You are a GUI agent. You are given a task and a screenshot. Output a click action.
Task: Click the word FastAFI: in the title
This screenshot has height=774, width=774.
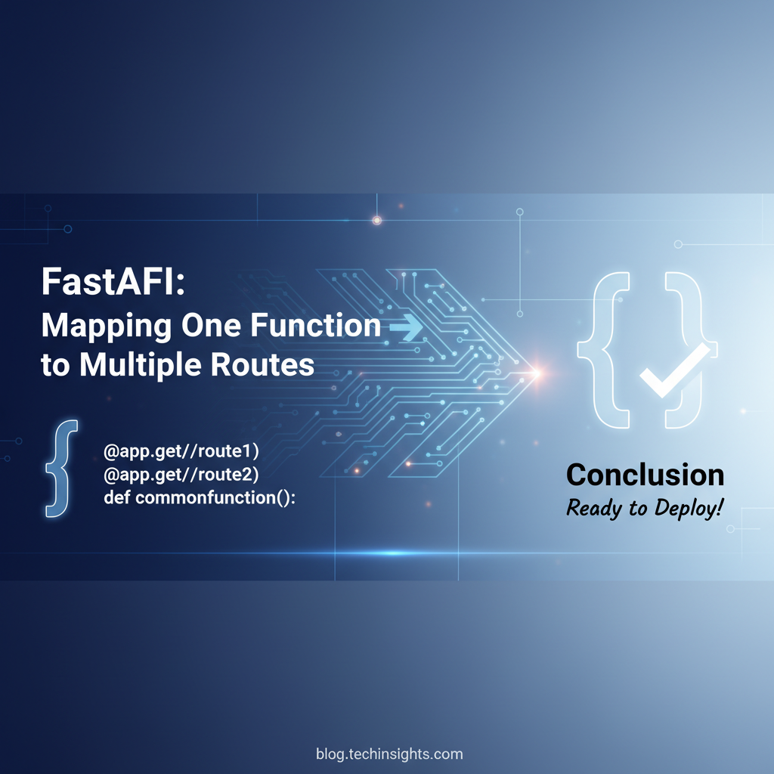[113, 281]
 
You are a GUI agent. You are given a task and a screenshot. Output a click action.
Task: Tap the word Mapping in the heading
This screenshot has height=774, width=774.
[107, 327]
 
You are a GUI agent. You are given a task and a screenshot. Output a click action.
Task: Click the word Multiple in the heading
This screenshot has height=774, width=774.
[141, 365]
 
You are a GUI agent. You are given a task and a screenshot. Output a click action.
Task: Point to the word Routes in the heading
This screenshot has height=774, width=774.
[262, 365]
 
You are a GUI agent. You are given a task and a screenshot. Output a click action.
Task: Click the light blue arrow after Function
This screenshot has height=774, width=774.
[406, 327]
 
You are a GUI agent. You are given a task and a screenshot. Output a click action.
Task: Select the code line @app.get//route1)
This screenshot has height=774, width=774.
[181, 451]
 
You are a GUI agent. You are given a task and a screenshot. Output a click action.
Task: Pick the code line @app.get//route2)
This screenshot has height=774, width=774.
[181, 475]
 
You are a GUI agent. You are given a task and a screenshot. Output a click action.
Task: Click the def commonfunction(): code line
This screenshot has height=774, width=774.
[200, 497]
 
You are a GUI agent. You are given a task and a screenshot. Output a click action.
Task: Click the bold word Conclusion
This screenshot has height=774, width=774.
[646, 475]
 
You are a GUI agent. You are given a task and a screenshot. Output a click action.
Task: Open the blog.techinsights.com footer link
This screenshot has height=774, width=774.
[389, 754]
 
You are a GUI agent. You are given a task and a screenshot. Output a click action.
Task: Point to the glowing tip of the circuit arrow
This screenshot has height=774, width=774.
[537, 373]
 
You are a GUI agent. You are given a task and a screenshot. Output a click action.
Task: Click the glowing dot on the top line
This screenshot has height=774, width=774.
[376, 220]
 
